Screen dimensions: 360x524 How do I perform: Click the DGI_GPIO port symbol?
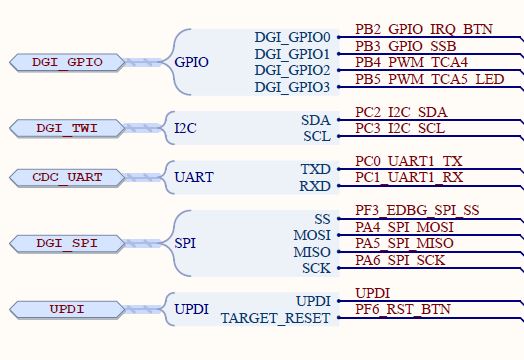[68, 62]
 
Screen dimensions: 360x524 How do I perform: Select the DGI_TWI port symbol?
[68, 128]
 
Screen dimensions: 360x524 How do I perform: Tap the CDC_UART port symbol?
[68, 178]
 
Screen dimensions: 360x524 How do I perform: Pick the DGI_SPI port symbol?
[68, 243]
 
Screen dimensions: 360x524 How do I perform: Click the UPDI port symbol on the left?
[68, 309]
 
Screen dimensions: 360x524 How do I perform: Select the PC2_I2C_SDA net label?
[402, 112]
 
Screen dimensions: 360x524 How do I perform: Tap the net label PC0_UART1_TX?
[409, 161]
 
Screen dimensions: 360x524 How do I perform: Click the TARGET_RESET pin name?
[275, 319]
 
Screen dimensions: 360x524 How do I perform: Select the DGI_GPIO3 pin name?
[292, 88]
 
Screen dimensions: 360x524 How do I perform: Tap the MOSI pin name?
[311, 236]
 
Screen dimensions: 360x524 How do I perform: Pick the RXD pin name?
[315, 186]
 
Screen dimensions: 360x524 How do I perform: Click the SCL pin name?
[316, 137]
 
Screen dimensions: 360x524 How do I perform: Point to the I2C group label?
[186, 129]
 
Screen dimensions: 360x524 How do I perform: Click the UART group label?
[194, 178]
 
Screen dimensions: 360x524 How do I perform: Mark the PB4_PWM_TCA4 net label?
[411, 63]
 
